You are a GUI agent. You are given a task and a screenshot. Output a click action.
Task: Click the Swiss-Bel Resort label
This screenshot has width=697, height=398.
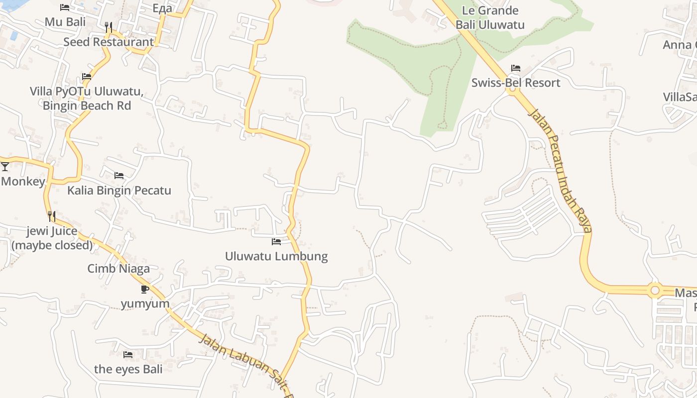coord(516,83)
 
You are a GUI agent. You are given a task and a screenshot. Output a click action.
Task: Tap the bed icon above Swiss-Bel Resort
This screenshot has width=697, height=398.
coord(516,68)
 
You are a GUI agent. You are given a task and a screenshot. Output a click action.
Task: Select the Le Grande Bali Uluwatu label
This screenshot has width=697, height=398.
coord(490,17)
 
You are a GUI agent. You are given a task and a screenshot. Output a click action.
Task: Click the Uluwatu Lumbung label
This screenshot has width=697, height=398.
coord(276,256)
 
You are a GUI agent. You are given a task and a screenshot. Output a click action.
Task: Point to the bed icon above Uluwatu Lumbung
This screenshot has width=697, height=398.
coord(276,242)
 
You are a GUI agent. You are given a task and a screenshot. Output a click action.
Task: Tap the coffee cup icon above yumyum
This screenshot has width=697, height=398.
coord(145,289)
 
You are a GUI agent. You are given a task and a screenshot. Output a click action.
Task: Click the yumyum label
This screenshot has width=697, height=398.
coord(145,303)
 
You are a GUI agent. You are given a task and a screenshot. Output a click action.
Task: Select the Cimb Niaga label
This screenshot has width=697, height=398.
coord(118,269)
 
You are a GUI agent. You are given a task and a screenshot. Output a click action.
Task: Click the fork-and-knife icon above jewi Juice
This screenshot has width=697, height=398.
coord(51,216)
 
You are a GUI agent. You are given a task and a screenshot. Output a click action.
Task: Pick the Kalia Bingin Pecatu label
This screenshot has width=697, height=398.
coord(119,191)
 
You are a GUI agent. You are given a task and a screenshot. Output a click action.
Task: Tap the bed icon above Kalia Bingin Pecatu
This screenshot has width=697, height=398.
coord(119,176)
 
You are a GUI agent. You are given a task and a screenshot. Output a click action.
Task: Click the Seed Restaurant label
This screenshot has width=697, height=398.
coord(109,42)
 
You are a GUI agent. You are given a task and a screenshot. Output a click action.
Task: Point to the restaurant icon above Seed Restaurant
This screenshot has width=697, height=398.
coord(109,27)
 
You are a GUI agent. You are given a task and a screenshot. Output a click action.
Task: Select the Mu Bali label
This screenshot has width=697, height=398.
coord(65,22)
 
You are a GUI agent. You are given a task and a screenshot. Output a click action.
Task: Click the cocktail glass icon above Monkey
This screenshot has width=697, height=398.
coord(5,167)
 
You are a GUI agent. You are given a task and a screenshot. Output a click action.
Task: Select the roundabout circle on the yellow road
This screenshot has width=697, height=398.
coord(655,290)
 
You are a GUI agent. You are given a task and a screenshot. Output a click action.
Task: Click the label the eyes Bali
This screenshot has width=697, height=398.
coord(128,369)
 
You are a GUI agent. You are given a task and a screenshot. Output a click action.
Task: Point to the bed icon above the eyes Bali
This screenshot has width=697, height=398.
coord(128,355)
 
